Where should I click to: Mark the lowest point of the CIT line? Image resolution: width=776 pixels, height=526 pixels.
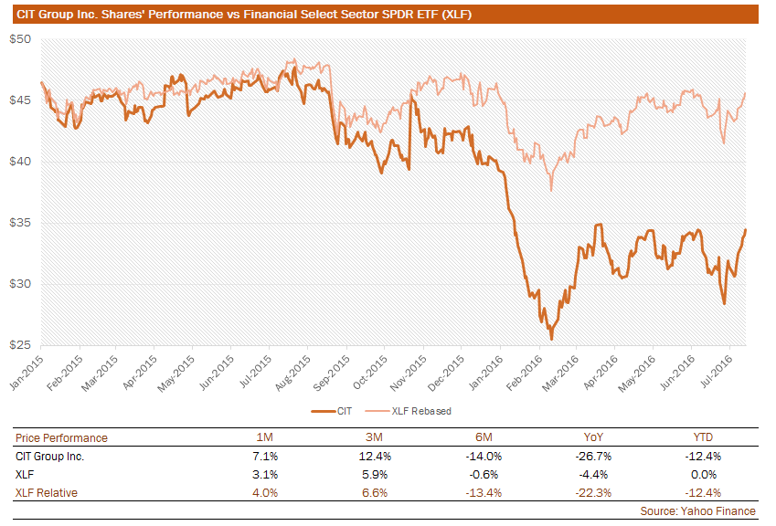pos(550,340)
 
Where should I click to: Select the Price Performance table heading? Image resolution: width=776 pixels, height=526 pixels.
pos(61,437)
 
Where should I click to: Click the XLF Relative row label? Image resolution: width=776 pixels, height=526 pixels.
pos(47,492)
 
